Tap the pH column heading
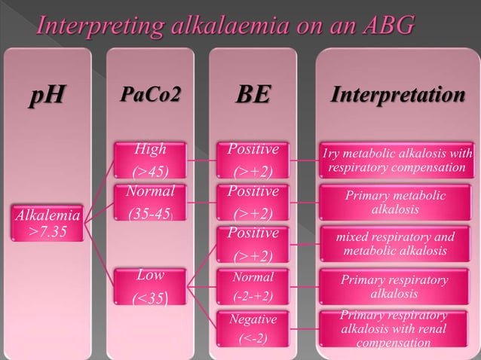click(x=46, y=98)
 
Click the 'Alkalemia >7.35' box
click(x=46, y=223)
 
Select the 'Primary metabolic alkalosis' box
click(x=395, y=202)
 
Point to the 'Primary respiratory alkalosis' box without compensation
click(x=395, y=286)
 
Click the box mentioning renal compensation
click(x=395, y=329)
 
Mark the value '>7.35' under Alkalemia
click(x=46, y=230)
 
